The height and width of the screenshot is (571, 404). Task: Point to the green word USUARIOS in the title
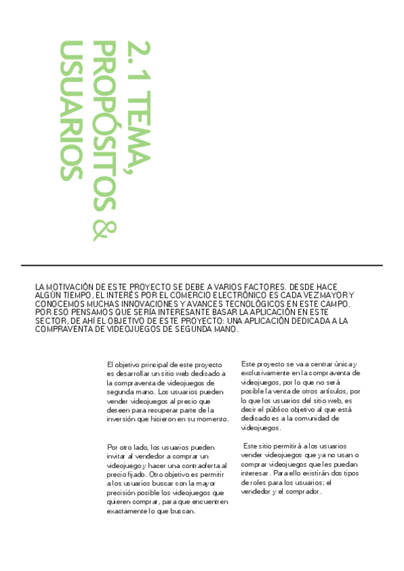[71, 111]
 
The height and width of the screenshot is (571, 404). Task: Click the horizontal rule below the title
[201, 265]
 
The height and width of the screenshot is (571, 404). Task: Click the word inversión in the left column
[123, 419]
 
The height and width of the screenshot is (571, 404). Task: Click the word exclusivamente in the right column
[265, 372]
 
